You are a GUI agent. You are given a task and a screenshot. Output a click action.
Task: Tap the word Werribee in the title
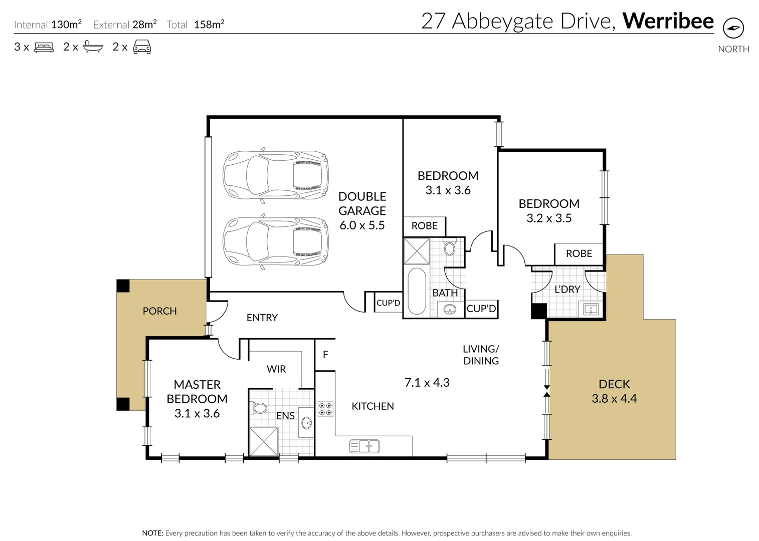668,21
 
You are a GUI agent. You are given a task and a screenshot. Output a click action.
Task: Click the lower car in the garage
276,243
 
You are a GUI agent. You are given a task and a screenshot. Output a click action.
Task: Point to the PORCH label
159,311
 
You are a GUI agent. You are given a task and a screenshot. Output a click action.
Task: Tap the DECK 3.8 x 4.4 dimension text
614,399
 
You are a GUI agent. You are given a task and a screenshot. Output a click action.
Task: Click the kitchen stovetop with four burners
325,409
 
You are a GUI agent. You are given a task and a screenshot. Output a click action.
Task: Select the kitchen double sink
364,446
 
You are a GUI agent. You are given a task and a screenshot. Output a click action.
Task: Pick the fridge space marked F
325,355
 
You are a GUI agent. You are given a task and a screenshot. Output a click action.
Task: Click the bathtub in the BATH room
417,291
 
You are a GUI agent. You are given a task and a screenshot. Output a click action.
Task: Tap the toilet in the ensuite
259,408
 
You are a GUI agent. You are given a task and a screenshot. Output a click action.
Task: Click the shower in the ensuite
264,441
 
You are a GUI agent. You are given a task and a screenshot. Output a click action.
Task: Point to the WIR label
276,369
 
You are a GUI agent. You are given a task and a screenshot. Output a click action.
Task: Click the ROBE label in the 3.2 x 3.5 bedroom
579,253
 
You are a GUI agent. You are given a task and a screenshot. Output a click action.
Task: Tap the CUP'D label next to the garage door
388,303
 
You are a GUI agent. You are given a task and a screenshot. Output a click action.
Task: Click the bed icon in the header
44,48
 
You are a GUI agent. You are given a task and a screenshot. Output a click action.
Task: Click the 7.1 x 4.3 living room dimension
427,383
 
